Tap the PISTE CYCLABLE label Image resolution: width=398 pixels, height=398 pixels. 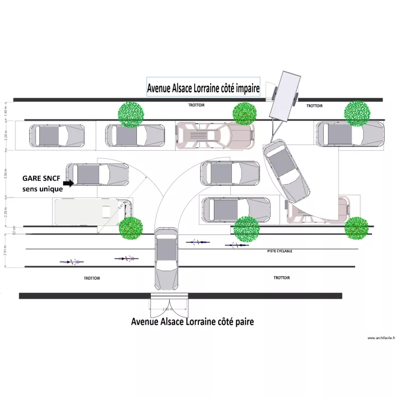tap(280, 252)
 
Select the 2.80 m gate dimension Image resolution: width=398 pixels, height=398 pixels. tap(168, 309)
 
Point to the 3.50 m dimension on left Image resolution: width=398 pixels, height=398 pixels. tap(6, 175)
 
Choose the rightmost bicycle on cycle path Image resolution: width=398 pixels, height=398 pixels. tap(237, 245)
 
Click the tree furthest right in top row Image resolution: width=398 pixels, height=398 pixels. tap(357, 113)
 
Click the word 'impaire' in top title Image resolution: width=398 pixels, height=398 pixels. tap(243, 89)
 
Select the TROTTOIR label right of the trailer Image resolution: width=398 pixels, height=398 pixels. tap(314, 106)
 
